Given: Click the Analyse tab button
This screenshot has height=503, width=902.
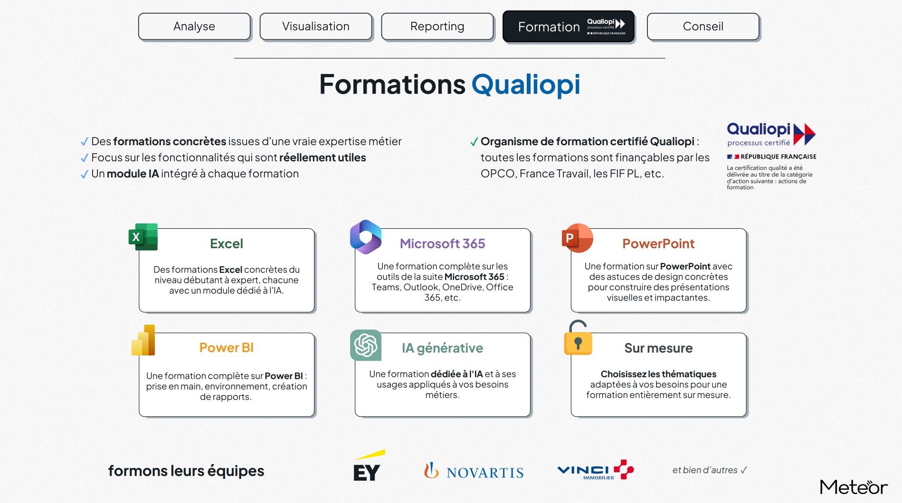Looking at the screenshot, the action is pos(194,27).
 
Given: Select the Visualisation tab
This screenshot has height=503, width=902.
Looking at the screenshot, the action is pos(316,27).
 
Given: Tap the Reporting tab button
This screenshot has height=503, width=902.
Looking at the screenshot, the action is pos(437,27).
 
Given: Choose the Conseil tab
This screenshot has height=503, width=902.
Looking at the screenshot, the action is pos(703,27).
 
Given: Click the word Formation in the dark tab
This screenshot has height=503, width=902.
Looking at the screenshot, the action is pos(549,27).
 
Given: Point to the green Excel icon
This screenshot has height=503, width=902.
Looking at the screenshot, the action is pos(143,237).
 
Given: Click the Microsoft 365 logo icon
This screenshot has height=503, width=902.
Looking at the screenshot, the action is pos(366,236).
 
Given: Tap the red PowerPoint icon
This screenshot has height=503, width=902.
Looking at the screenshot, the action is pos(577,238).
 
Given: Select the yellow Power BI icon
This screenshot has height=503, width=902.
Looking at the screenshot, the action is pos(143,340).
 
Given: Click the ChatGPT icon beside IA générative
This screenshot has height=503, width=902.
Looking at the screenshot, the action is pos(366,345).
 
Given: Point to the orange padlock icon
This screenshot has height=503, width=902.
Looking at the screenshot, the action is pos(578,338).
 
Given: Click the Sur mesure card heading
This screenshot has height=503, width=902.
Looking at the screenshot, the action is pos(658,348).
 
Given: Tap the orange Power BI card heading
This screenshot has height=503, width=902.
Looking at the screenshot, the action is pos(227,348).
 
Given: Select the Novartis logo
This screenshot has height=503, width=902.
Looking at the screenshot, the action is pos(474,471).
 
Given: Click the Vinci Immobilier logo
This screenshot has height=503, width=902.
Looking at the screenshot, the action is pos(596,470).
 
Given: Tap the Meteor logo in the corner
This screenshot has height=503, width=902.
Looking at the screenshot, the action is pos(854,487).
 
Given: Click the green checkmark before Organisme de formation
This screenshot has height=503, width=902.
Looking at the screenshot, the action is pos(474,142).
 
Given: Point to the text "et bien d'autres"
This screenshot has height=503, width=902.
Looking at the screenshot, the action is pos(705,470).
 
